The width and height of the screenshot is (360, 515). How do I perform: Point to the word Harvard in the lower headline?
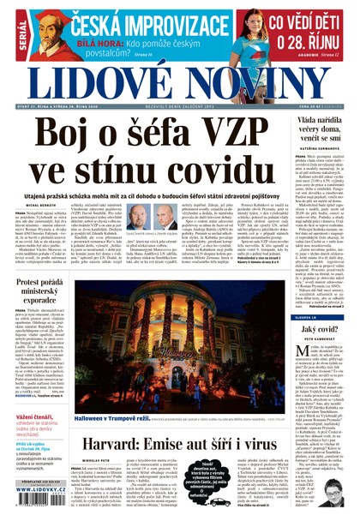[x=128, y=444]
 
